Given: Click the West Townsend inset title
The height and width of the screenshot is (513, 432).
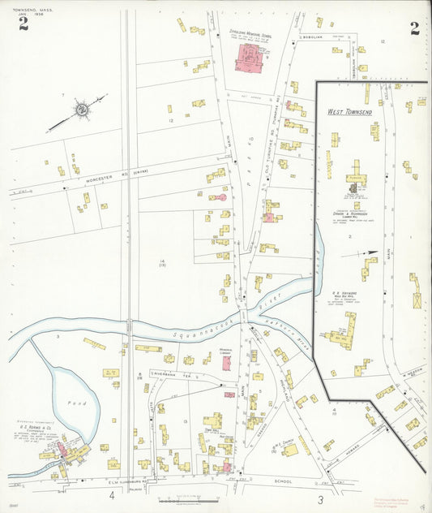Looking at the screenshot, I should tap(349, 111).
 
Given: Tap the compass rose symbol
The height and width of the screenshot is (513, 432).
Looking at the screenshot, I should tap(80, 109).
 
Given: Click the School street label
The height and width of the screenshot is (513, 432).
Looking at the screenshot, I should tap(283, 481).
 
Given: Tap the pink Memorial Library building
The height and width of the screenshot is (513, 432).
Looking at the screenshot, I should tap(227, 363).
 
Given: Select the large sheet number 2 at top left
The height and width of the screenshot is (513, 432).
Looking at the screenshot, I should tap(24, 24).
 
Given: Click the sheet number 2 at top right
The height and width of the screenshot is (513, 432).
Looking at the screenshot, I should tap(414, 29).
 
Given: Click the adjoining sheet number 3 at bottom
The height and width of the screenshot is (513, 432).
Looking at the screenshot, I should tap(321, 498).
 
